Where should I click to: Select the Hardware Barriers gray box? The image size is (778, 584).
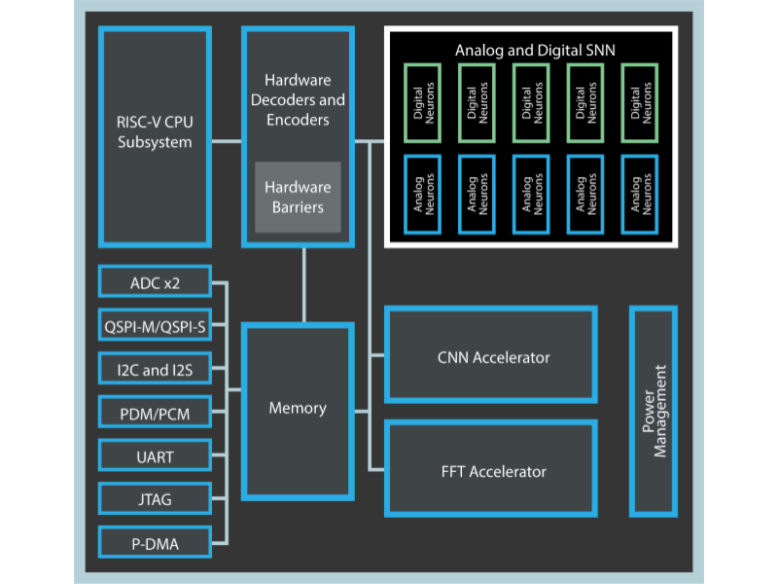tap(298, 197)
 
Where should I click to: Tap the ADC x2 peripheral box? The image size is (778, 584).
tap(155, 283)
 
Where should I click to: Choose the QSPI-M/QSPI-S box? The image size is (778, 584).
tap(155, 326)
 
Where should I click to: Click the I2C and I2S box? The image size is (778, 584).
tap(155, 370)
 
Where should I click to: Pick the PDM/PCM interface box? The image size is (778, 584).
tap(155, 414)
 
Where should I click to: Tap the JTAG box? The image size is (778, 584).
tap(155, 499)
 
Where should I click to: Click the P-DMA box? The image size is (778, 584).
tap(155, 542)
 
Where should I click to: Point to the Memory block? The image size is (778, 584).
tap(298, 409)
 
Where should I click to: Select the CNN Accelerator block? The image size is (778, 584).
tap(491, 356)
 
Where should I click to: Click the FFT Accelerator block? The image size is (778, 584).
tap(491, 471)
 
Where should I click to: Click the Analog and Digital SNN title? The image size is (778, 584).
tap(535, 49)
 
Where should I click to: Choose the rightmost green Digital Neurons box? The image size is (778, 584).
tap(639, 103)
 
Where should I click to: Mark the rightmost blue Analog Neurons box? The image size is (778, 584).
tap(639, 194)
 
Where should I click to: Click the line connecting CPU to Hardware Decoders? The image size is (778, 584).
tap(227, 142)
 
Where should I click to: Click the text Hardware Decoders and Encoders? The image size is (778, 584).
tap(298, 100)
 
